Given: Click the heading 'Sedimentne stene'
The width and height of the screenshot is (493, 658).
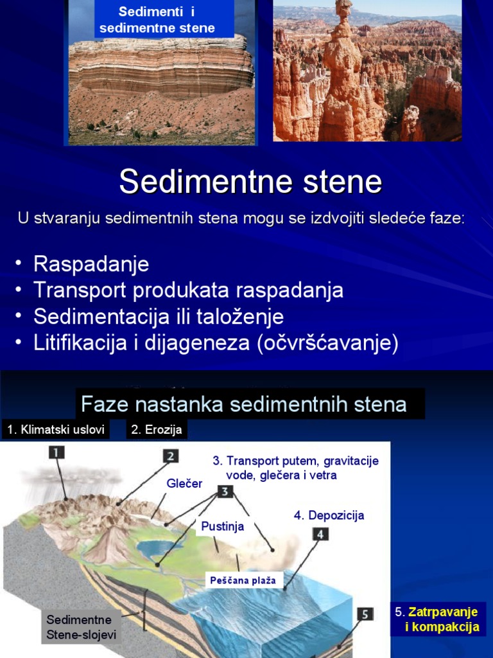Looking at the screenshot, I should point(250,182).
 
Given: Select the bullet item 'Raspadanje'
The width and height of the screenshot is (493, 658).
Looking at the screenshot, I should point(91,264).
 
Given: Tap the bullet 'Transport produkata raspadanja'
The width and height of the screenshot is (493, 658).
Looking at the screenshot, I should point(188,290).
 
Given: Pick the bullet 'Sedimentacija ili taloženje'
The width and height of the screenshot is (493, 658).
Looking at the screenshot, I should point(159,317).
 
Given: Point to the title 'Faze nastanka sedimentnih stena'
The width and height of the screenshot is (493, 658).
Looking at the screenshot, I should point(244,405).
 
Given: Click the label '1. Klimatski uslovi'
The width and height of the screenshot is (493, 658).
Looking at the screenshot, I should point(56,430).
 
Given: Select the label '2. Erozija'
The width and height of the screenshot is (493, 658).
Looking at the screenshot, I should point(157,430).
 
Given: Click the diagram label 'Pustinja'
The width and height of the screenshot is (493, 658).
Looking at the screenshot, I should point(223,527).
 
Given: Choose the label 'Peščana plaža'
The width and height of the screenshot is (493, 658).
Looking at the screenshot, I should point(243,580).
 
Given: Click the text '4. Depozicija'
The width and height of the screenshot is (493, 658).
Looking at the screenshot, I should point(329,515).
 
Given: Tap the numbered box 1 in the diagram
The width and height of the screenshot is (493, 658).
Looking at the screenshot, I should point(56,452).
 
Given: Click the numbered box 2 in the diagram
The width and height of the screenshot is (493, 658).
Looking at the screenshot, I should point(170,456).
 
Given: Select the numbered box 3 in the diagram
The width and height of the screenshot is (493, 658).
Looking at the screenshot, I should point(224,492).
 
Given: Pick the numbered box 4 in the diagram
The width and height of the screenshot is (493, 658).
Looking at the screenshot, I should point(320,533).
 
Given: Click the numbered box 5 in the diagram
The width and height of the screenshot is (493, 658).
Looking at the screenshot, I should point(365,614).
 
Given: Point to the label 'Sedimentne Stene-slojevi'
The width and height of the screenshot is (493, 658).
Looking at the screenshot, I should point(79,627).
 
